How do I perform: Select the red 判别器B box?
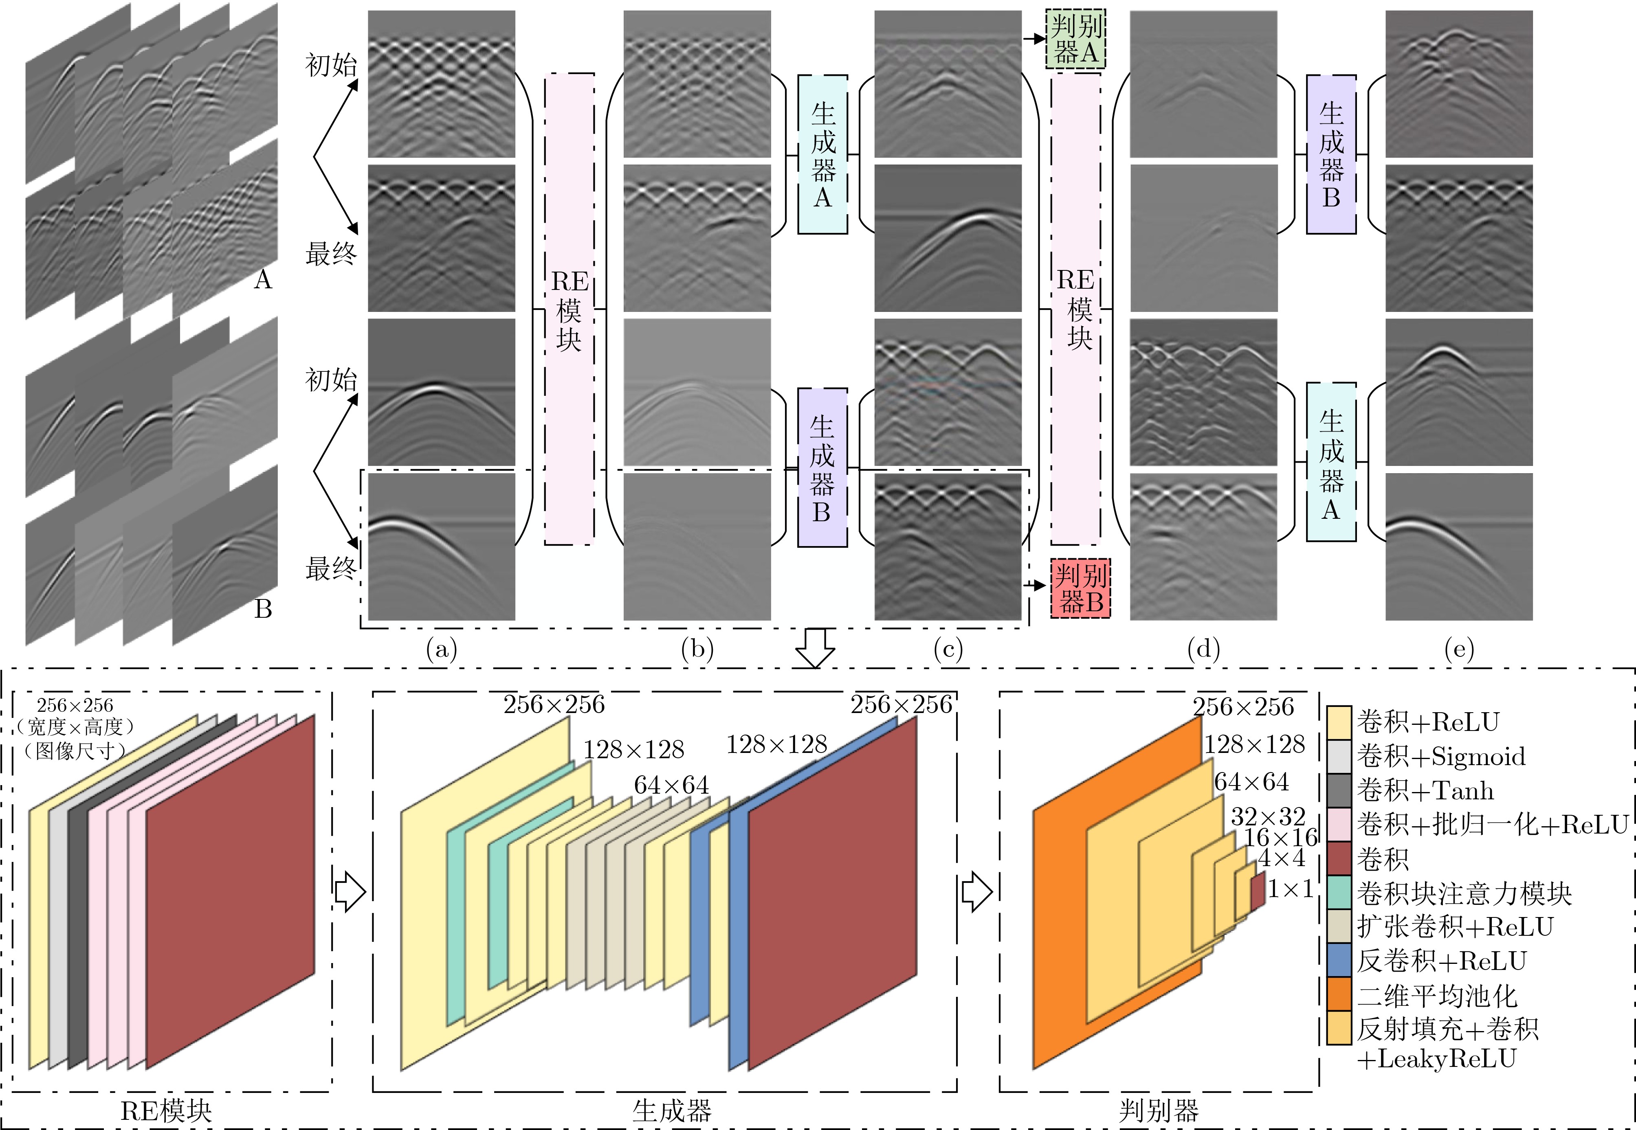click(x=1080, y=588)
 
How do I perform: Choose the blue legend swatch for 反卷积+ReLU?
click(x=1339, y=961)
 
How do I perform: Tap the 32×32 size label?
click(x=1268, y=816)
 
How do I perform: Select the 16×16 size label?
click(x=1280, y=838)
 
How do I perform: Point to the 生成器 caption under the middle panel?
click(x=671, y=1110)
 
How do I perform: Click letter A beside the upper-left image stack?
click(x=263, y=281)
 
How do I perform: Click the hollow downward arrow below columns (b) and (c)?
click(x=815, y=648)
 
